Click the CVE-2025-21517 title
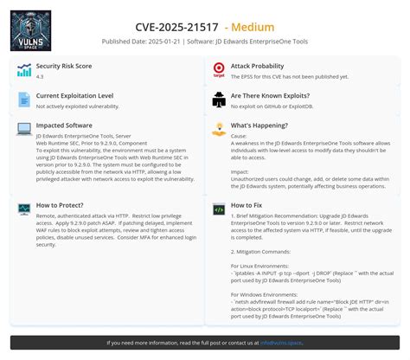point(178,26)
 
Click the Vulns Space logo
point(31,31)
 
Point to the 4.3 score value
point(40,76)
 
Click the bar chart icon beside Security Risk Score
point(23,71)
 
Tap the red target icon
point(219,71)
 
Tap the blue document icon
point(23,101)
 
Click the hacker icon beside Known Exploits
point(219,101)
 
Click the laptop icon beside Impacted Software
point(23,130)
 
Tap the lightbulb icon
point(219,130)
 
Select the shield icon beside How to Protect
point(23,210)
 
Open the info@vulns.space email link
point(280,343)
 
